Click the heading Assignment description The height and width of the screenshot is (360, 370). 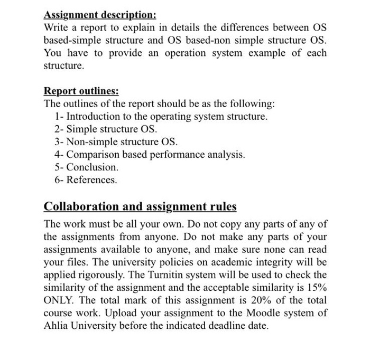click(x=100, y=14)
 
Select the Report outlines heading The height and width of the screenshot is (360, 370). click(x=81, y=90)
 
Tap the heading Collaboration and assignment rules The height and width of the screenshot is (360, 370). click(x=140, y=206)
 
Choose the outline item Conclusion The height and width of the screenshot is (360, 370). click(x=92, y=167)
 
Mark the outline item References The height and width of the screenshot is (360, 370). click(x=92, y=180)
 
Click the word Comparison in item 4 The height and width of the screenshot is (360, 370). click(x=94, y=155)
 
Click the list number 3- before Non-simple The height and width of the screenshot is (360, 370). click(x=59, y=141)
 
